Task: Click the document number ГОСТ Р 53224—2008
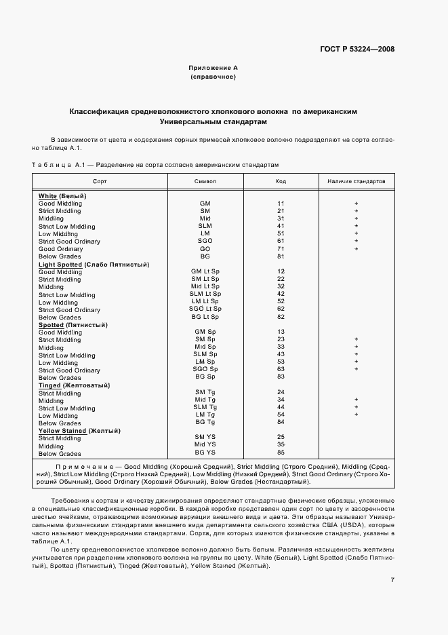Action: coord(357,49)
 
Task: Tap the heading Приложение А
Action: coord(213,68)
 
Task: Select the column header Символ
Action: coord(205,182)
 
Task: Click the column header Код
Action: coord(281,182)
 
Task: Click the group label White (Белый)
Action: coord(67,196)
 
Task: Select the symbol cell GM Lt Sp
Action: coord(205,271)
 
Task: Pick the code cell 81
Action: coord(281,256)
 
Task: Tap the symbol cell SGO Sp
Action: coord(205,370)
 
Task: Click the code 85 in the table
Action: coord(281,453)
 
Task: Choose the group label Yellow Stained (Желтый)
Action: coord(79,431)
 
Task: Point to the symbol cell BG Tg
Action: coord(205,423)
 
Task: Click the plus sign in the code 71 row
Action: coord(356,249)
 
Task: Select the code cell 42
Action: coord(281,294)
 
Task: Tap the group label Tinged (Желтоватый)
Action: coord(75,385)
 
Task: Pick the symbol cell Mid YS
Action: coord(205,445)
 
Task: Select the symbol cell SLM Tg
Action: coord(205,408)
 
